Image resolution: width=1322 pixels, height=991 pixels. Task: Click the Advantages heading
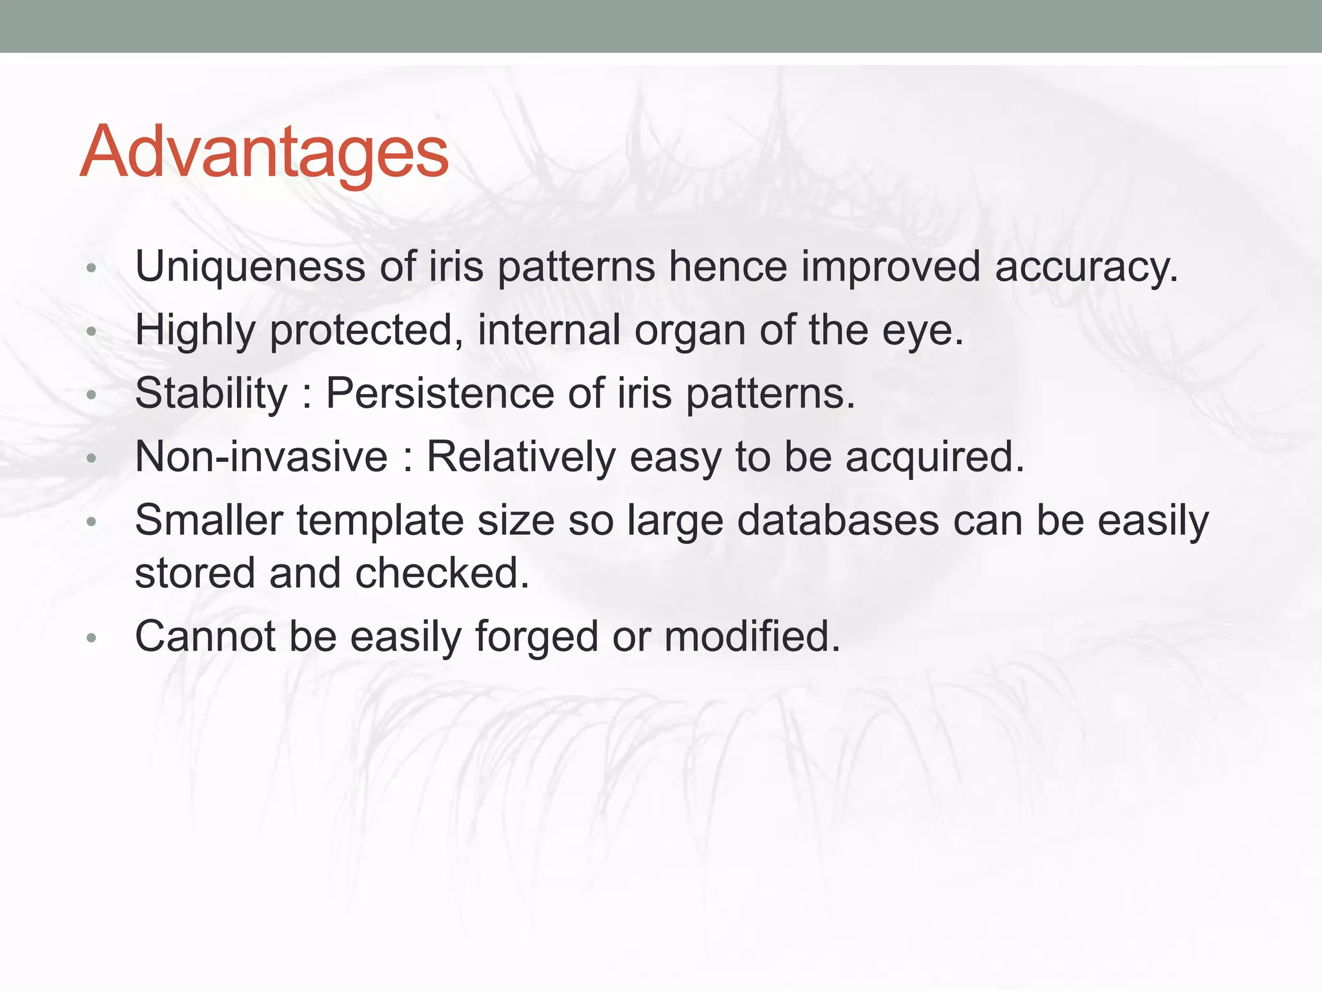[x=263, y=152]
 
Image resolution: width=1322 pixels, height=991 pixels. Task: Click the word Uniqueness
[x=250, y=266]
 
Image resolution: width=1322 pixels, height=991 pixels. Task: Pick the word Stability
[x=211, y=394]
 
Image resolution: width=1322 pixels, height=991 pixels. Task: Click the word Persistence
[x=440, y=394]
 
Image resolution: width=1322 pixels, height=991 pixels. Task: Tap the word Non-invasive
[x=261, y=457]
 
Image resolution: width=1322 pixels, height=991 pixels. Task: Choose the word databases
[x=838, y=520]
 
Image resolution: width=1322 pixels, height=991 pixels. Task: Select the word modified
[x=752, y=636]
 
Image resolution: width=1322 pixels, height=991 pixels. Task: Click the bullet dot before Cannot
[x=91, y=638]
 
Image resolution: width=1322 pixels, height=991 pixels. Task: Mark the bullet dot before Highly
[x=91, y=332]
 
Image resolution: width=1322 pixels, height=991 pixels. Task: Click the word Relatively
[x=521, y=457]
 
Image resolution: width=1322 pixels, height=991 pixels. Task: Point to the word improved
[x=890, y=267]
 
